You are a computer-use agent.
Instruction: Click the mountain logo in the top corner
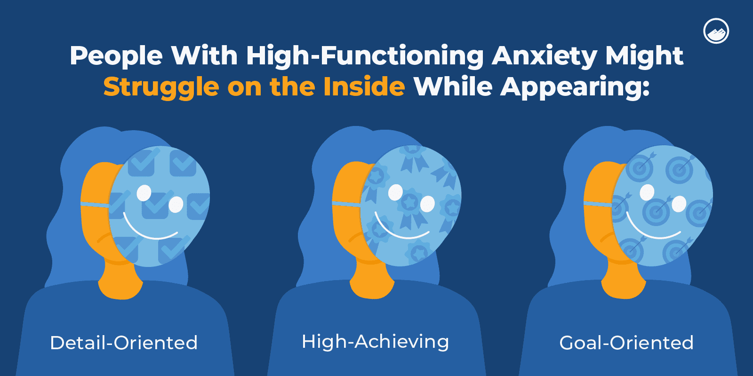coord(716,31)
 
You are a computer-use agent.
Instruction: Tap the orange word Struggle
coord(161,87)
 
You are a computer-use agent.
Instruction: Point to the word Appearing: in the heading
coord(575,87)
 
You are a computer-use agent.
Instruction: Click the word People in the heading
coord(116,56)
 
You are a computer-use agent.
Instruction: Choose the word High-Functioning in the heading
coord(365,56)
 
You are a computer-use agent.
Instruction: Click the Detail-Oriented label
coord(124,343)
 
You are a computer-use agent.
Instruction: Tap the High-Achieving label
coord(375,342)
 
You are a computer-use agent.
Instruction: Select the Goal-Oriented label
coord(626,343)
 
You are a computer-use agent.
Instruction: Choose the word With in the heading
coord(204,56)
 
